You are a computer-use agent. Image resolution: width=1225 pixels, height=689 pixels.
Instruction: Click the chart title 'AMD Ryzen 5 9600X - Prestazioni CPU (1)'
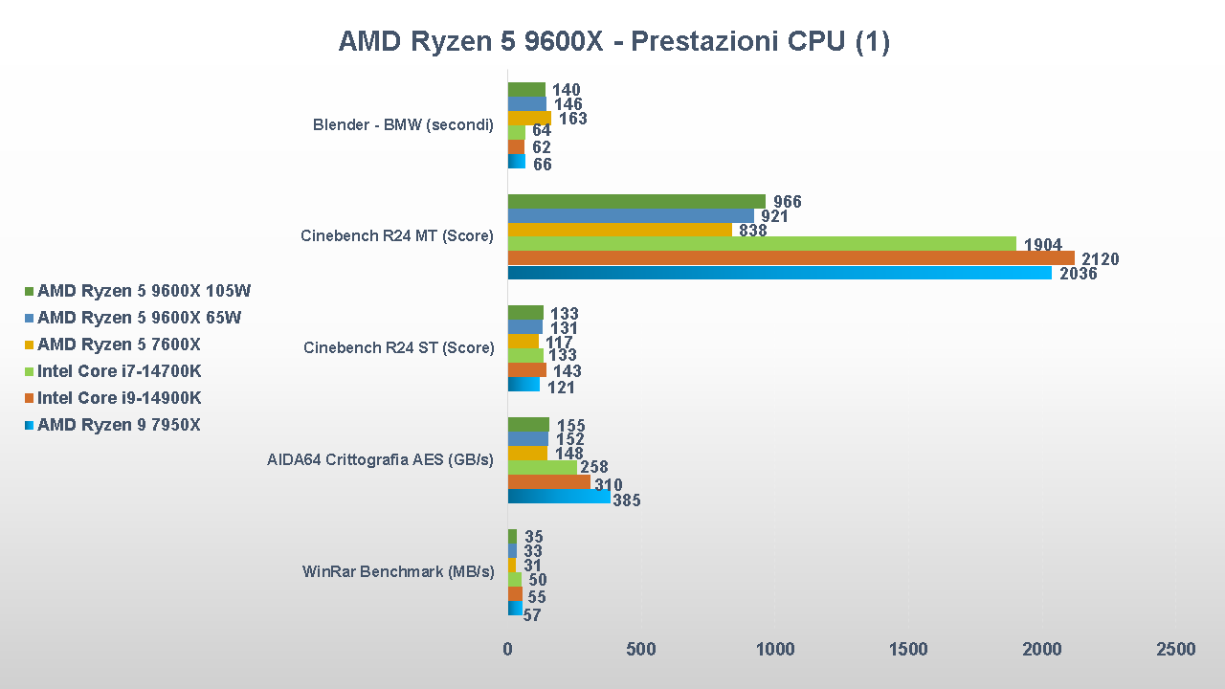click(613, 41)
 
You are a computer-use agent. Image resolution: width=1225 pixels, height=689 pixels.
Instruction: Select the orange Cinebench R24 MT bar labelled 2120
click(791, 258)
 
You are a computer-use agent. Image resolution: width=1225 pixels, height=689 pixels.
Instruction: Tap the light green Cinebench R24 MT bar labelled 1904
click(762, 244)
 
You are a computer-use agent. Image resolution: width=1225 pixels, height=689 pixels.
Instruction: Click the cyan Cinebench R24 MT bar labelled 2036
click(779, 273)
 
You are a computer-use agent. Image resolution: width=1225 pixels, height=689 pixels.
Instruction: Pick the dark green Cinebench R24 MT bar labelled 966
click(636, 201)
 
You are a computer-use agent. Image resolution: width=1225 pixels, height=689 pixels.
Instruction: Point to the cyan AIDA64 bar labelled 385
click(559, 497)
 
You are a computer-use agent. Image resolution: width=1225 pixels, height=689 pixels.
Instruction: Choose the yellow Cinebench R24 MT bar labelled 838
click(619, 230)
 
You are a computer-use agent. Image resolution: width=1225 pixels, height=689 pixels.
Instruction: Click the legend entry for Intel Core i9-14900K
click(119, 398)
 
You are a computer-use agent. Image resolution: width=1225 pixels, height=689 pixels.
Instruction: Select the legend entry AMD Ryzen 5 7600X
click(119, 344)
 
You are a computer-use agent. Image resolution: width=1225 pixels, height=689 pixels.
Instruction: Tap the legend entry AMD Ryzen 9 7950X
click(119, 425)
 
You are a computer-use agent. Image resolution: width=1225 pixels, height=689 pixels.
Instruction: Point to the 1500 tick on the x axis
click(908, 650)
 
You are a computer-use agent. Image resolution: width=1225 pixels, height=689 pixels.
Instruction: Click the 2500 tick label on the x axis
click(1175, 650)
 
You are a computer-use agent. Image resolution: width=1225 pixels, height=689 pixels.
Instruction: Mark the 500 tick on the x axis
click(641, 650)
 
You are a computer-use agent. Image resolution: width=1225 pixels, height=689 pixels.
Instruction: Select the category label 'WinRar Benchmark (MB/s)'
click(398, 572)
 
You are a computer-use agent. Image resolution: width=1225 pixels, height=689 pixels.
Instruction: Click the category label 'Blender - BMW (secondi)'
click(403, 124)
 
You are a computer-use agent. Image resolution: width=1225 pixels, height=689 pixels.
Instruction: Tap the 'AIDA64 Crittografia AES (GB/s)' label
click(380, 460)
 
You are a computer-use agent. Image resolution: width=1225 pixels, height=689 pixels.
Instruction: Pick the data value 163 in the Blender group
click(572, 120)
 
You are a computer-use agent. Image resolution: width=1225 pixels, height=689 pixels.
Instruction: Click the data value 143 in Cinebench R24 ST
click(567, 371)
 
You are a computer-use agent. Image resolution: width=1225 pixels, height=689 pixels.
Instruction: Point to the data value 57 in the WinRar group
click(532, 615)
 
